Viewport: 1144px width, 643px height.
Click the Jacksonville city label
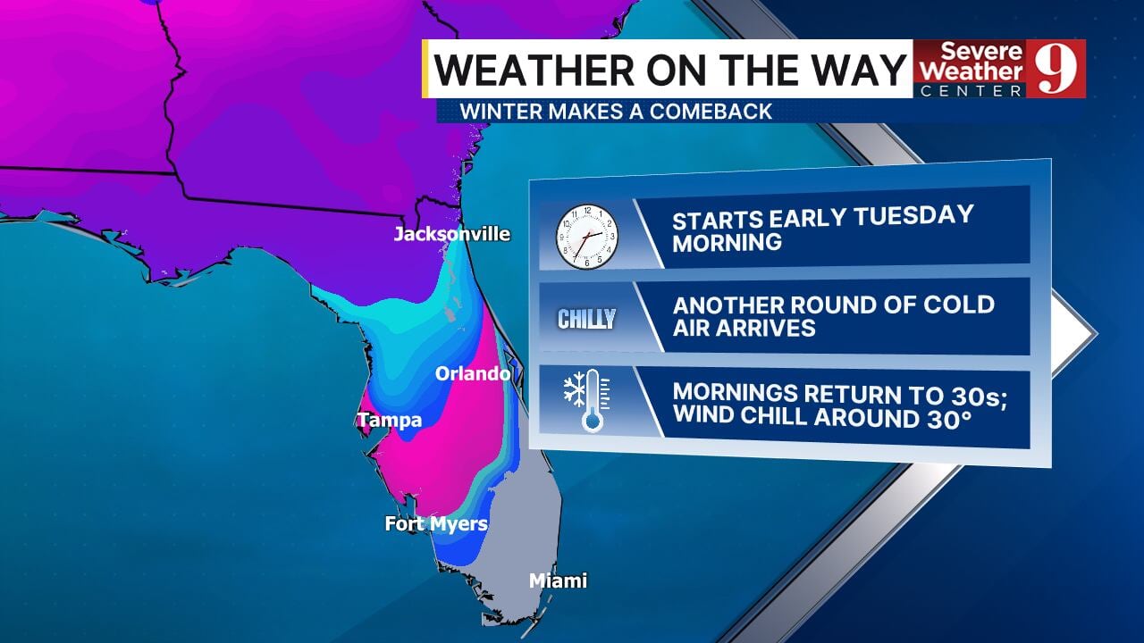452,235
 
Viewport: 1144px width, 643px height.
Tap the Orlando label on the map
473,373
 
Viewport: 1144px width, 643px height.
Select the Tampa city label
390,420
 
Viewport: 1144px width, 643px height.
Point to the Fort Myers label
436,524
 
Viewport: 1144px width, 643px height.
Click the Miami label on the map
558,581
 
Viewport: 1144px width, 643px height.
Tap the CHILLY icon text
586,319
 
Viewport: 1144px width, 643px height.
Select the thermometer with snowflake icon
586,403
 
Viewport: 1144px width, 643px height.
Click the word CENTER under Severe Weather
971,91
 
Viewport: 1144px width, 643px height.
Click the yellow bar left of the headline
426,69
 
